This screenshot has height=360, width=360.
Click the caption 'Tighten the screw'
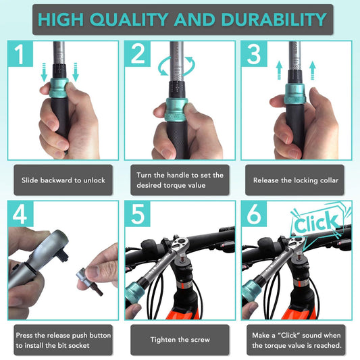[x=180, y=340]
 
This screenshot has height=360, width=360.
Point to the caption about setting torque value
[x=180, y=180]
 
